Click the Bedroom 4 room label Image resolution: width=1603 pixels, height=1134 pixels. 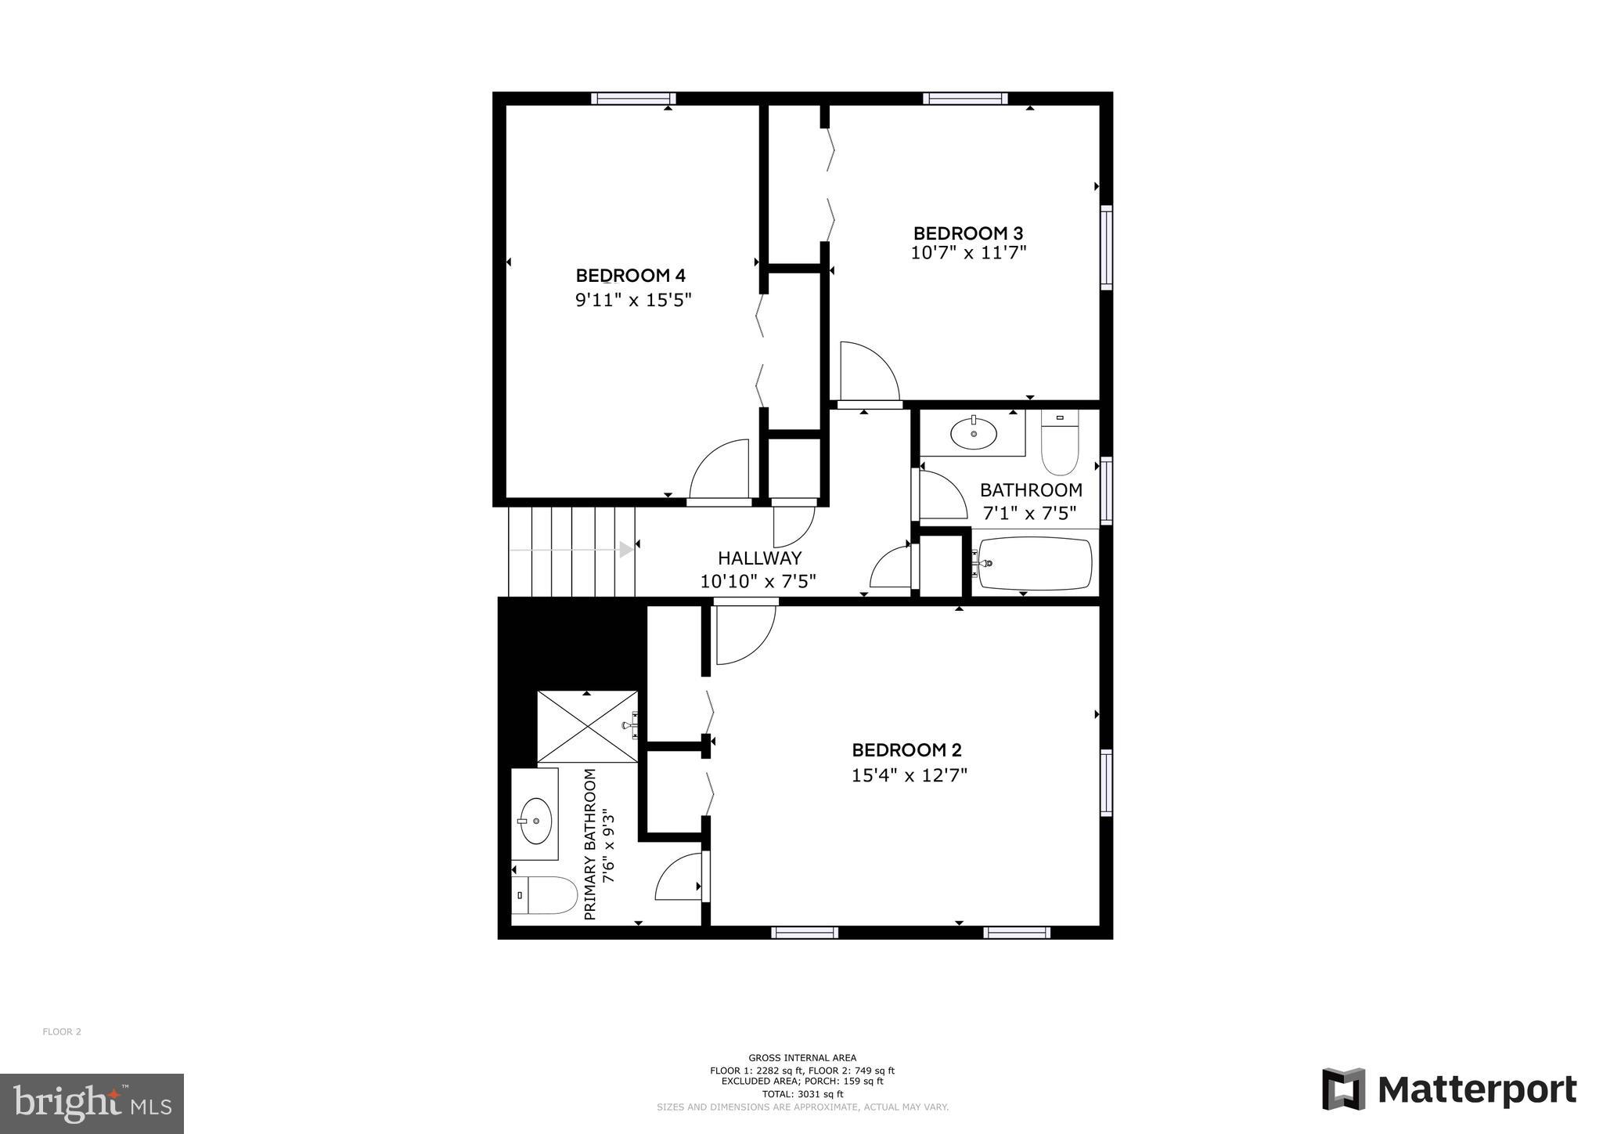click(630, 276)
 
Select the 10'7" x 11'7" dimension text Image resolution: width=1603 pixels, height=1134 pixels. click(968, 253)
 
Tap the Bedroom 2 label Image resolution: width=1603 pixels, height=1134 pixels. click(906, 750)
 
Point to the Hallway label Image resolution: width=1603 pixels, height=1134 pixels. click(759, 558)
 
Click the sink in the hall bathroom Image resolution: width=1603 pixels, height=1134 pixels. click(973, 432)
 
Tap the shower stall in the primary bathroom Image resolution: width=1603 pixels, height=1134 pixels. click(588, 727)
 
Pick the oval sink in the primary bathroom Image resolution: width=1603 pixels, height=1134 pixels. click(536, 820)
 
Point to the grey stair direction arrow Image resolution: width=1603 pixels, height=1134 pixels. click(625, 550)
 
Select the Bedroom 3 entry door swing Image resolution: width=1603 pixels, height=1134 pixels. click(869, 371)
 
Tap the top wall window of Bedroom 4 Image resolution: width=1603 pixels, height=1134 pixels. click(633, 99)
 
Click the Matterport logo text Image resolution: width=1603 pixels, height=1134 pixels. click(1476, 1089)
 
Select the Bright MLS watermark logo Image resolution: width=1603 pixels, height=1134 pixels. click(92, 1103)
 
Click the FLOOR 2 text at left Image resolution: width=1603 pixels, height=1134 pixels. click(62, 1031)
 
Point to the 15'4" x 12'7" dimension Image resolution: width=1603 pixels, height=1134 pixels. click(910, 775)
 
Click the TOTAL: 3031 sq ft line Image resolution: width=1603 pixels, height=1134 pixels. click(802, 1094)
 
